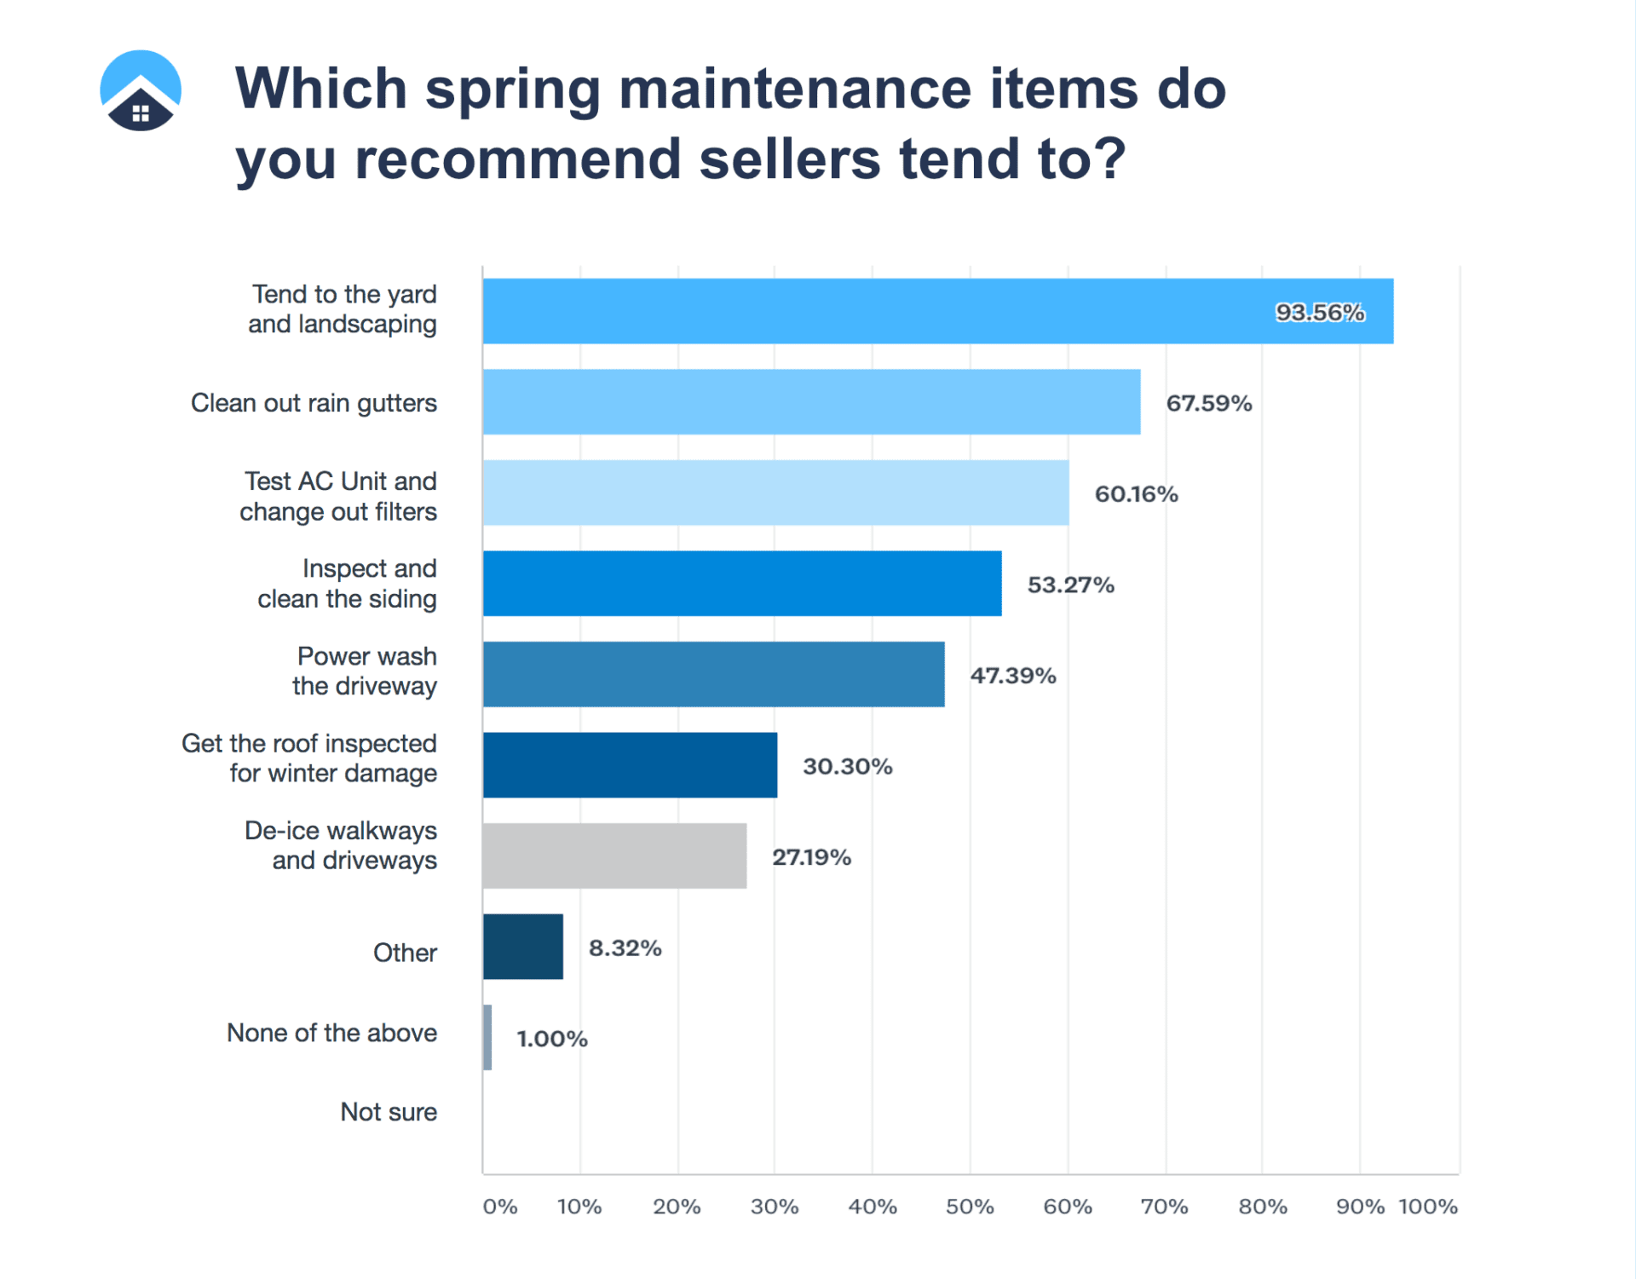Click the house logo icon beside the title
point(141,90)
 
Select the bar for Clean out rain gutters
point(811,402)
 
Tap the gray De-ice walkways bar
point(614,856)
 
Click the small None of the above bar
point(487,1038)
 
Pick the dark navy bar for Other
point(523,947)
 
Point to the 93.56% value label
point(1320,313)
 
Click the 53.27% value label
point(1070,585)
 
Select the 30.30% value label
point(847,766)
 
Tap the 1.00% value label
point(552,1039)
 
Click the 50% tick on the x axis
point(970,1207)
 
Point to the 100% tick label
point(1428,1207)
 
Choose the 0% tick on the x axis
point(500,1207)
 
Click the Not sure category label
point(389,1112)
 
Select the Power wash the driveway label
point(366,671)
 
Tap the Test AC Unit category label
point(338,496)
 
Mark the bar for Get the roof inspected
point(630,765)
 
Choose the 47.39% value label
point(1013,676)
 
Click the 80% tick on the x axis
point(1263,1207)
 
